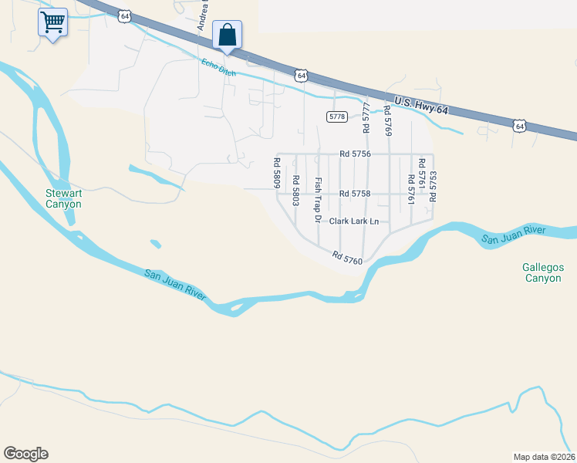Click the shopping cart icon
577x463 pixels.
click(x=52, y=22)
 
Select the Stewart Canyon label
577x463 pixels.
click(x=63, y=198)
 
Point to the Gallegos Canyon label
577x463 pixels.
click(x=544, y=272)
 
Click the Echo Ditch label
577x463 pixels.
click(x=218, y=67)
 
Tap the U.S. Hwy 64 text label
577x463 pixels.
click(x=420, y=106)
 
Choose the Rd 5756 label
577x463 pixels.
click(x=356, y=154)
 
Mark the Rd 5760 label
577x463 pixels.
click(x=347, y=258)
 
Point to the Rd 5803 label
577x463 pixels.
click(x=295, y=190)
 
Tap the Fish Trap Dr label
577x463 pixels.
click(x=317, y=200)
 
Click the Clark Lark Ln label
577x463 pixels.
click(x=354, y=221)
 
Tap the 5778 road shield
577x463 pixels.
click(x=336, y=116)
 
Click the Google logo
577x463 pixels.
click(x=25, y=454)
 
